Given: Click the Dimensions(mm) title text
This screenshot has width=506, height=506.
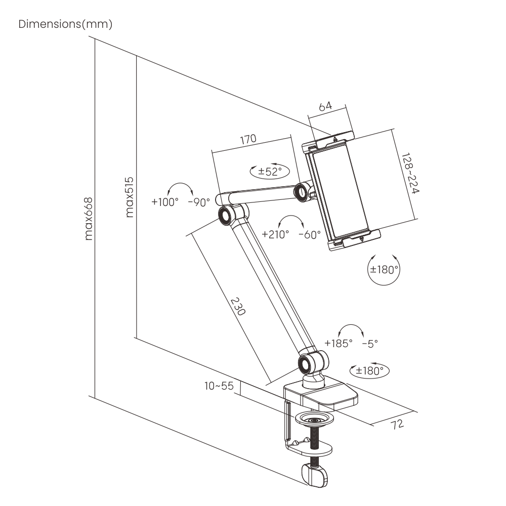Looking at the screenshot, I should coord(65,24).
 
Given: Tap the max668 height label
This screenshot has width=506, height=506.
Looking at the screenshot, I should coord(90,218).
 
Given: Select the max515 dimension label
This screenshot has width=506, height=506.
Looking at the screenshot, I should coord(130,197).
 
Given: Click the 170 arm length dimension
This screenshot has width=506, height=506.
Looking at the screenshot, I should coord(248,139).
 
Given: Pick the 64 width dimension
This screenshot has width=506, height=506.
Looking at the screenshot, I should coord(325,106).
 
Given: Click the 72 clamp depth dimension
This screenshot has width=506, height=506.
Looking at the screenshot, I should coord(398,424).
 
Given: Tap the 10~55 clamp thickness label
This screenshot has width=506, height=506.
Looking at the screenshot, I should coord(219,386).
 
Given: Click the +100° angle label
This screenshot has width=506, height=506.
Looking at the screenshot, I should coord(165,202).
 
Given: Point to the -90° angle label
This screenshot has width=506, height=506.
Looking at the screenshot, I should coord(198,202).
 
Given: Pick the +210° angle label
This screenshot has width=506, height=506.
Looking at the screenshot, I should coord(276,234).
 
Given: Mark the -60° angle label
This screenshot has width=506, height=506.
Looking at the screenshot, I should coord(310,234).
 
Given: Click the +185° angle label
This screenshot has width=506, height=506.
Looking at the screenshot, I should coord(339,343).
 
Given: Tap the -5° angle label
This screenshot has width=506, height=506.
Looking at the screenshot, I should coord(370,343).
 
